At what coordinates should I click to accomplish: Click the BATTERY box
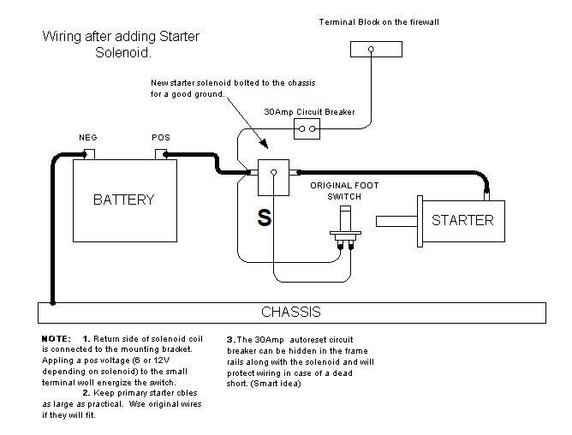click(123, 200)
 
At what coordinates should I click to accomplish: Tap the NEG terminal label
click(87, 137)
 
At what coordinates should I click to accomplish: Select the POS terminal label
click(160, 137)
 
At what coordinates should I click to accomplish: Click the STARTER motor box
click(462, 220)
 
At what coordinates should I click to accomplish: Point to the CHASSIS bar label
click(291, 312)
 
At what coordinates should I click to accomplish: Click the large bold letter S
click(265, 219)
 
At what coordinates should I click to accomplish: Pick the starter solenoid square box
click(273, 173)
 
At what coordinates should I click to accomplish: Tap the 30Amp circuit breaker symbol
click(307, 129)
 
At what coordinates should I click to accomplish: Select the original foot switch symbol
click(346, 231)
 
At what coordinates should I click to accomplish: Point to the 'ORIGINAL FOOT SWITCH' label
click(344, 190)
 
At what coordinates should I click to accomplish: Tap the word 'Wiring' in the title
click(61, 38)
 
